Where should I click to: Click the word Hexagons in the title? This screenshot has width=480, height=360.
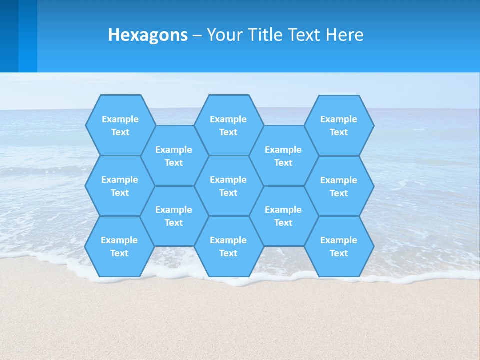[x=148, y=35]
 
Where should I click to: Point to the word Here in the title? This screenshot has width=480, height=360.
[x=345, y=35]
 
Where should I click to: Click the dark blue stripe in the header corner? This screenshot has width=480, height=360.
[x=9, y=36]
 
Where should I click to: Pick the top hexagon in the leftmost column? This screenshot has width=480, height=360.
[x=120, y=125]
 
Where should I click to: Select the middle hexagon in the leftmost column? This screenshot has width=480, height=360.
[x=120, y=186]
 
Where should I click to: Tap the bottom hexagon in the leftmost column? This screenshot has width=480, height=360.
[x=119, y=246]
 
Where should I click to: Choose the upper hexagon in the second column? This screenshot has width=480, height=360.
[x=173, y=156]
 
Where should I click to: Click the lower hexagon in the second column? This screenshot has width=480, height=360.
[x=173, y=216]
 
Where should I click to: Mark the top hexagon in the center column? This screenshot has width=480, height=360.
[x=228, y=125]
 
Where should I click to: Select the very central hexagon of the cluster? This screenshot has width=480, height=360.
[x=228, y=186]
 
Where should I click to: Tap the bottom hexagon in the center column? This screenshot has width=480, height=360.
[x=228, y=246]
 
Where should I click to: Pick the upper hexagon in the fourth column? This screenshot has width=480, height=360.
[x=283, y=156]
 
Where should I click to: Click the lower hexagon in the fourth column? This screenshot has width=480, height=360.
[x=283, y=216]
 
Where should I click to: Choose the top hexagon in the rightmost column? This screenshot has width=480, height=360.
[x=339, y=125]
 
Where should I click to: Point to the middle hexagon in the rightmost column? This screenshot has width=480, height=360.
[x=339, y=186]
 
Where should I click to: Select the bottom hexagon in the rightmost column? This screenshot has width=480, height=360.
[x=339, y=246]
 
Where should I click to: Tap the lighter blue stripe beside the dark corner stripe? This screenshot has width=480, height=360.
[x=28, y=36]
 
